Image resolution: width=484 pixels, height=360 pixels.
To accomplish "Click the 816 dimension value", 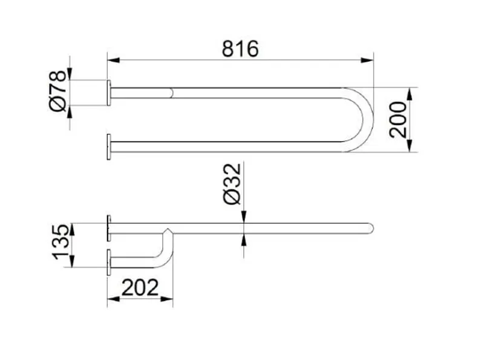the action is (240, 49).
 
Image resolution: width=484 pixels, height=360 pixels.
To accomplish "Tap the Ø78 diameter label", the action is (57, 91).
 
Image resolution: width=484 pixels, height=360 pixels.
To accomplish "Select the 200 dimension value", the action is (398, 119).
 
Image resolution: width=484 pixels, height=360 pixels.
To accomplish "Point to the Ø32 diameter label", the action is (232, 184).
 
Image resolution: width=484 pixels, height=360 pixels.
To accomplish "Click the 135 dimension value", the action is (61, 242).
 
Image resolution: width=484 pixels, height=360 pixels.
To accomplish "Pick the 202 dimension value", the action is (140, 287).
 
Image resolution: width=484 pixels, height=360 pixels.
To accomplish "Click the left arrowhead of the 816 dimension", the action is (113, 60).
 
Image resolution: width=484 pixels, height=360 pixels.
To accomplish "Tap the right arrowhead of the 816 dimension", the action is (367, 60).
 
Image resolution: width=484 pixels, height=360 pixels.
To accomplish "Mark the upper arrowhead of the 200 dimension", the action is (410, 94).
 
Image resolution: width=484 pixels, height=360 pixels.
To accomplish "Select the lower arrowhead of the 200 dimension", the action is (410, 146).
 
